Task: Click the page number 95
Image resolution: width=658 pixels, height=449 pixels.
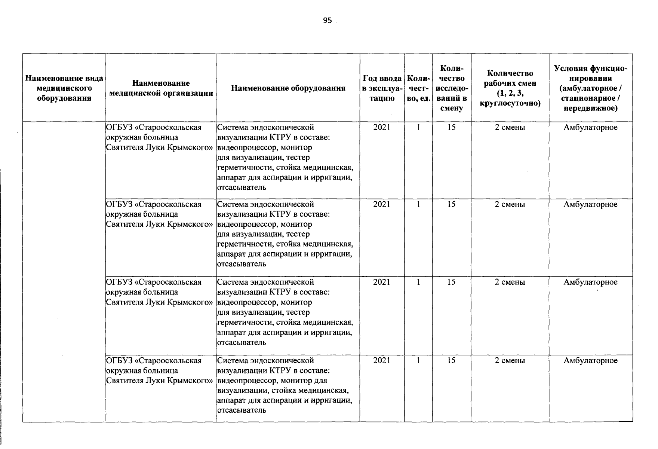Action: click(x=327, y=21)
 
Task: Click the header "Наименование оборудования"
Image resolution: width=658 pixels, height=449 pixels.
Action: click(x=288, y=88)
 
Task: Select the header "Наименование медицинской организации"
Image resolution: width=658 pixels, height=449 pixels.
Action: click(x=161, y=88)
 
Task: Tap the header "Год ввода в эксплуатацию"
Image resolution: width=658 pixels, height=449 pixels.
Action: click(x=382, y=88)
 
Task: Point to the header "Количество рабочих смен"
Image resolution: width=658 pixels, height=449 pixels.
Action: click(x=510, y=88)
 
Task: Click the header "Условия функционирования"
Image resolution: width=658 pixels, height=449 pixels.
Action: click(x=591, y=88)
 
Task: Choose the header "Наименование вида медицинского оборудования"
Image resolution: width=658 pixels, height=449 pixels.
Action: click(x=64, y=88)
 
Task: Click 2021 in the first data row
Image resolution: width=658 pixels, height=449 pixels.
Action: click(x=382, y=128)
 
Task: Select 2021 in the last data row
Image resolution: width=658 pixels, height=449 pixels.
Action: click(x=382, y=361)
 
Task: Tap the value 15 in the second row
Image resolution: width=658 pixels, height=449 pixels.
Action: click(x=451, y=204)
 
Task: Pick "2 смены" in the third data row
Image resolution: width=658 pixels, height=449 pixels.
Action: click(x=510, y=282)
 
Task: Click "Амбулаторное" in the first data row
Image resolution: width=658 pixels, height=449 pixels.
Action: click(x=591, y=128)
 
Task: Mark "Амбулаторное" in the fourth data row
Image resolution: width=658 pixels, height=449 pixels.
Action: click(x=591, y=361)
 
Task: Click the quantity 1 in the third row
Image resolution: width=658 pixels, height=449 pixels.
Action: click(x=418, y=282)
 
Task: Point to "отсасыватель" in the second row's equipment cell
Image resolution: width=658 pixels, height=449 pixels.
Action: click(x=242, y=264)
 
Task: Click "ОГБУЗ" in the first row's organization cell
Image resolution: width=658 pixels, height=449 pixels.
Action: click(x=119, y=128)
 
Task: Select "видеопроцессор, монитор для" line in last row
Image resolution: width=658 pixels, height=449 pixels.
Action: click(x=272, y=381)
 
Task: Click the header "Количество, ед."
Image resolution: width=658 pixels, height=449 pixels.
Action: click(x=418, y=88)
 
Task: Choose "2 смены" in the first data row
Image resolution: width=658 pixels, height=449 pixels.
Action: click(x=510, y=128)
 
